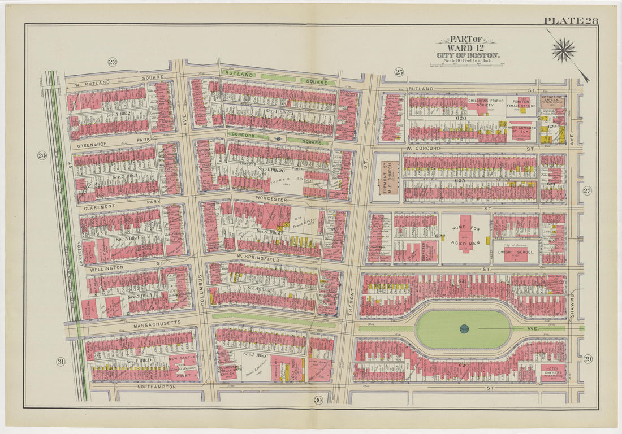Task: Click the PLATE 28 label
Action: [x=570, y=21]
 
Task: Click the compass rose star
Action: [x=563, y=50]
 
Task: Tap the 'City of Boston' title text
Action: [x=467, y=55]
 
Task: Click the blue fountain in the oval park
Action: [x=464, y=328]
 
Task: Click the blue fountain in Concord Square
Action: [x=278, y=137]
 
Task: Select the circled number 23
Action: [x=112, y=62]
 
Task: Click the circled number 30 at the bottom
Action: [x=318, y=400]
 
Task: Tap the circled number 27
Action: [x=587, y=190]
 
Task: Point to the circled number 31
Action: [x=61, y=362]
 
